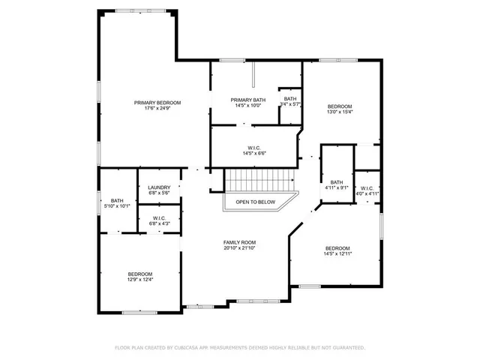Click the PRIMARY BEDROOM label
[x=157, y=103]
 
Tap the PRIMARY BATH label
[x=247, y=100]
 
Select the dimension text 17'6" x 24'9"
[x=157, y=109]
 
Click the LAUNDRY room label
[x=159, y=187]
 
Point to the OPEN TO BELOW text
[x=256, y=202]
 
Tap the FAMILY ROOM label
[x=240, y=242]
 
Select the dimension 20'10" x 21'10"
[x=240, y=248]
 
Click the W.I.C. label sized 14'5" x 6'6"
[x=254, y=148]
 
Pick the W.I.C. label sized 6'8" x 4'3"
[x=159, y=217]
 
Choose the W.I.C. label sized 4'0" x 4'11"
[x=367, y=187]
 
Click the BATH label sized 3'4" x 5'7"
[x=290, y=99]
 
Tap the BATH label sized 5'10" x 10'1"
[x=118, y=200]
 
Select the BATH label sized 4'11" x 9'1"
[x=337, y=182]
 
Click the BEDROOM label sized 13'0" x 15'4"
[x=340, y=106]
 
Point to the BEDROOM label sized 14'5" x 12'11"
[x=337, y=248]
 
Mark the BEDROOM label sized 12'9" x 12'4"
[x=140, y=274]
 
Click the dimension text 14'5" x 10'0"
[x=247, y=106]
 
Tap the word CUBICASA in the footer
[x=187, y=347]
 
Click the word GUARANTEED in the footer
[x=344, y=347]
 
